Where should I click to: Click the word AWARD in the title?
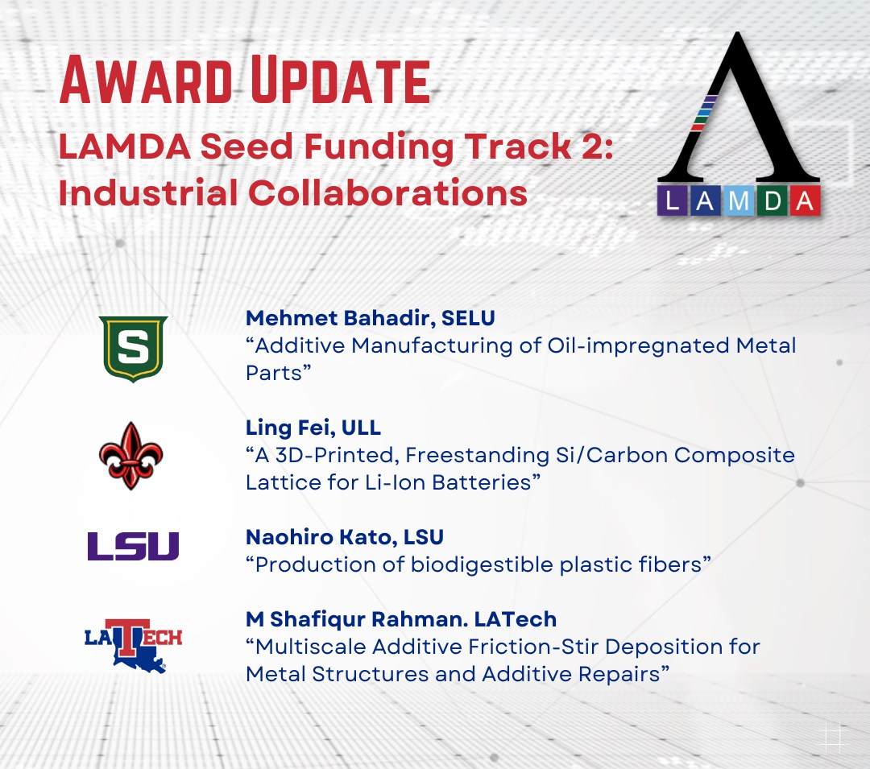click(145, 80)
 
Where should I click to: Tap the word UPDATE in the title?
click(340, 80)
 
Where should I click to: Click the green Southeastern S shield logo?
click(133, 349)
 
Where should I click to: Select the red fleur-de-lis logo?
click(131, 456)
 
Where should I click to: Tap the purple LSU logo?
click(133, 546)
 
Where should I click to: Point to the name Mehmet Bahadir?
click(338, 318)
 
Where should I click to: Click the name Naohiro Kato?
click(317, 537)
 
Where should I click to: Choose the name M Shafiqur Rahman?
click(354, 619)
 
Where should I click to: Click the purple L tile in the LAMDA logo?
click(673, 201)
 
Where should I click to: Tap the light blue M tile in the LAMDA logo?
click(739, 201)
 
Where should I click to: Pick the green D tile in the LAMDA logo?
click(772, 201)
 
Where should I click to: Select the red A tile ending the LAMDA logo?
click(805, 201)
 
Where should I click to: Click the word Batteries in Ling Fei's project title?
click(483, 482)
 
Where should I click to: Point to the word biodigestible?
click(482, 565)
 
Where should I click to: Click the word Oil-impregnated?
click(638, 346)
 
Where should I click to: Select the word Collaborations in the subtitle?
click(387, 193)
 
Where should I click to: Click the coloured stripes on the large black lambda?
click(704, 113)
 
